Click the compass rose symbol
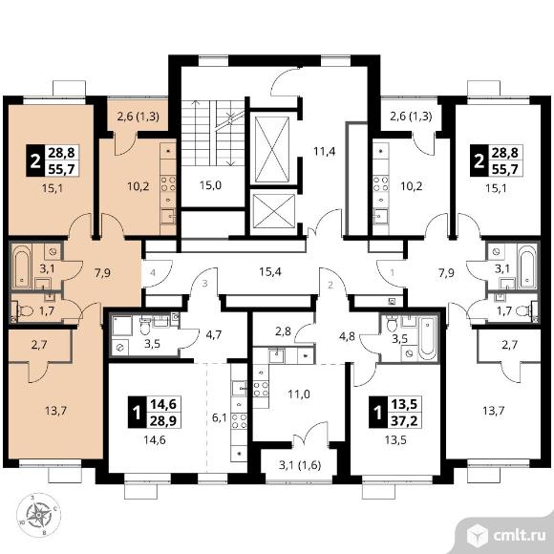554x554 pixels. pos(38,516)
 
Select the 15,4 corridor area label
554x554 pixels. pos(270,272)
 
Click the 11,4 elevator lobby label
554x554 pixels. pos(325,152)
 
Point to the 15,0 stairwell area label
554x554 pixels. pos(210,185)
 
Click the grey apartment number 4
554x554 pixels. pos(153,273)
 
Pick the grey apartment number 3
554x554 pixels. pos(204,284)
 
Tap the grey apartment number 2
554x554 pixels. pos(330,285)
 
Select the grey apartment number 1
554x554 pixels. pos(393,273)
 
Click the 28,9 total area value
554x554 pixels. pos(163,420)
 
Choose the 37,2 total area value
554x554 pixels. pos(405,420)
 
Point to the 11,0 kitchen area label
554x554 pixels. pos(299,394)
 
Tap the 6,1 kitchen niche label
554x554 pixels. pos(219,419)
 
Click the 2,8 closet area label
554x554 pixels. pos(284,331)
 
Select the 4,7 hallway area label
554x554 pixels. pos(214,334)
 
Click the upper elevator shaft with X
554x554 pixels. pos(272,150)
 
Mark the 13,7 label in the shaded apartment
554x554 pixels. pos(56,411)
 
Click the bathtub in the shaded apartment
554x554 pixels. pos(22,266)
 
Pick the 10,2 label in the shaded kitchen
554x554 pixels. pos(138,186)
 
